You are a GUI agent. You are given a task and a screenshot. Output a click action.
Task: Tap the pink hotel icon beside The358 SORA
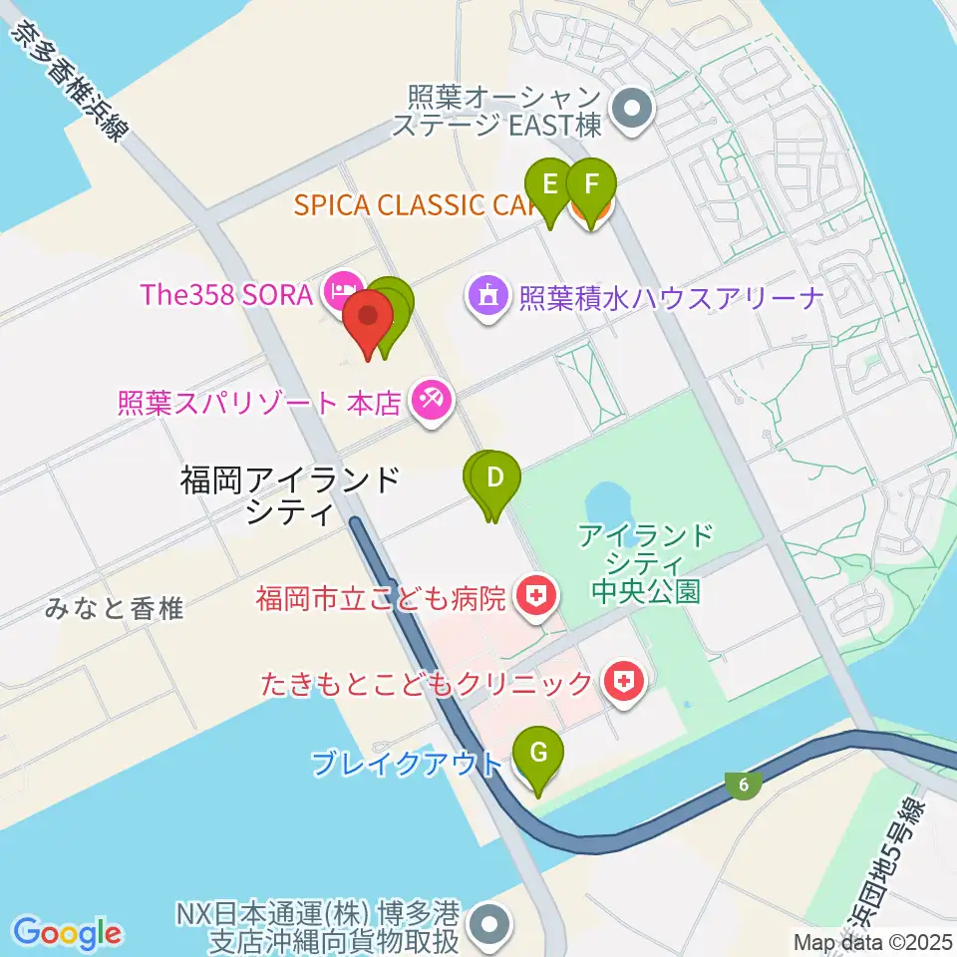[x=339, y=292]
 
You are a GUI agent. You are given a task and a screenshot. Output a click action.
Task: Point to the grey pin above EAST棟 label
[x=630, y=109]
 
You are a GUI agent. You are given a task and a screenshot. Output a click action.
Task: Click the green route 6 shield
[x=745, y=786]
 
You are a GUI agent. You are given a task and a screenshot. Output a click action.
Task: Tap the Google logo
[x=68, y=933]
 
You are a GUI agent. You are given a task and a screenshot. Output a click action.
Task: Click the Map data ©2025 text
[x=873, y=941]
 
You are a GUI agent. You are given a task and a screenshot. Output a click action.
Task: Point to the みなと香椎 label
[x=115, y=608]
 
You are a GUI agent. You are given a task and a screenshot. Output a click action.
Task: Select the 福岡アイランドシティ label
[x=290, y=496]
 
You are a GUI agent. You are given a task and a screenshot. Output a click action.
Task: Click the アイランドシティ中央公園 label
[x=644, y=562]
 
